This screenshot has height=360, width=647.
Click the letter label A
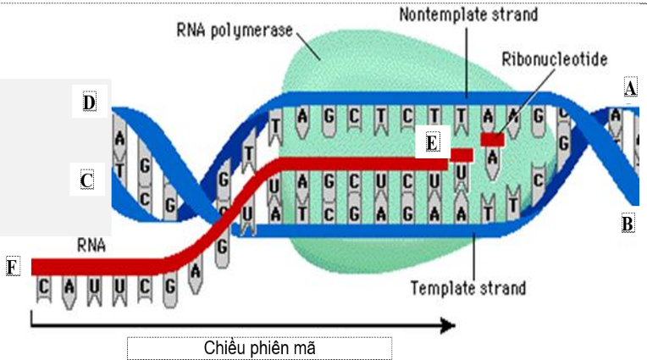tap(629, 88)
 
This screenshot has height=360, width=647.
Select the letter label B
tap(628, 224)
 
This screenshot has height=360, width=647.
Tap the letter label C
tap(86, 180)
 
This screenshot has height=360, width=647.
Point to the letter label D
tap(89, 103)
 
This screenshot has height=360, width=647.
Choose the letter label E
tap(433, 142)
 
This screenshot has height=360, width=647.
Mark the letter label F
tap(12, 268)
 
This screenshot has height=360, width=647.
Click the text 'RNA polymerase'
tap(235, 31)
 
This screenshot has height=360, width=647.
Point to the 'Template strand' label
tap(467, 288)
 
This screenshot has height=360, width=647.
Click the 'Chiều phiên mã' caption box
tap(259, 347)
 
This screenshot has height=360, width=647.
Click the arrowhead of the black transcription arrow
tap(449, 325)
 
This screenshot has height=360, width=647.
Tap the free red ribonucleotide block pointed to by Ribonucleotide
tap(492, 138)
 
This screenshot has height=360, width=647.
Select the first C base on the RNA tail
tap(45, 287)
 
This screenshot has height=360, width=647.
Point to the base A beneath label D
tap(120, 137)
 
